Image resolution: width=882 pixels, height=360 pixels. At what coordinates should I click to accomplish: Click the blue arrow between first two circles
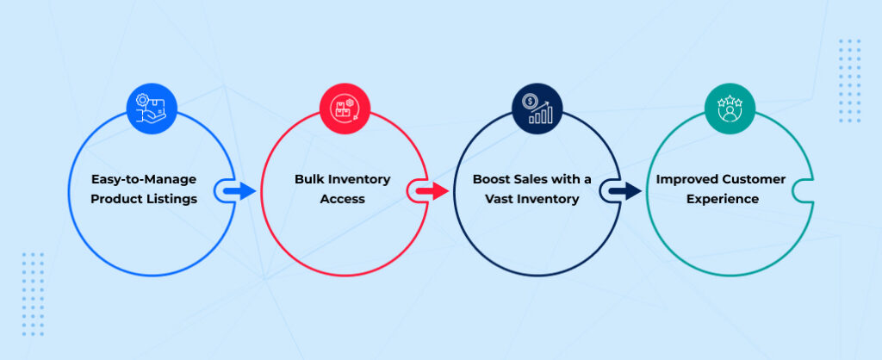tap(243, 190)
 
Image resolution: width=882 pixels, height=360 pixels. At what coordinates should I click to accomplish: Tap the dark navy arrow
tap(629, 190)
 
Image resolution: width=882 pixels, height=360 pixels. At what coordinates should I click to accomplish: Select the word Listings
tap(172, 200)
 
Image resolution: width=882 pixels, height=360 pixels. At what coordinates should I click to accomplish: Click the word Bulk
tap(309, 180)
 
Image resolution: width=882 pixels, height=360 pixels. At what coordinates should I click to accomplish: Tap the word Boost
tap(491, 180)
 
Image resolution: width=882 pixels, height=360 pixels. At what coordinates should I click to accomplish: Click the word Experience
tap(730, 200)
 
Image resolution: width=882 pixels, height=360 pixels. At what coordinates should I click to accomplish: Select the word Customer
tap(755, 180)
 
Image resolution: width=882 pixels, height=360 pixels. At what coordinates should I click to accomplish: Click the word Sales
tap(532, 180)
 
